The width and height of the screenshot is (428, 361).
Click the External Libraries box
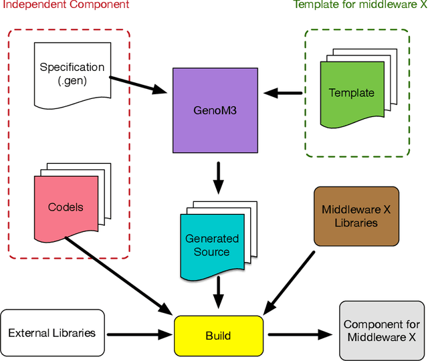(x=52, y=332)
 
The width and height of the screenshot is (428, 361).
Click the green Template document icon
(x=351, y=94)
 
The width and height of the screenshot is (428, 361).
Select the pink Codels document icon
(x=66, y=207)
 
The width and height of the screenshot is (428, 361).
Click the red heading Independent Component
(x=64, y=5)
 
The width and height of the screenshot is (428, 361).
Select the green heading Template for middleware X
(x=359, y=5)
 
